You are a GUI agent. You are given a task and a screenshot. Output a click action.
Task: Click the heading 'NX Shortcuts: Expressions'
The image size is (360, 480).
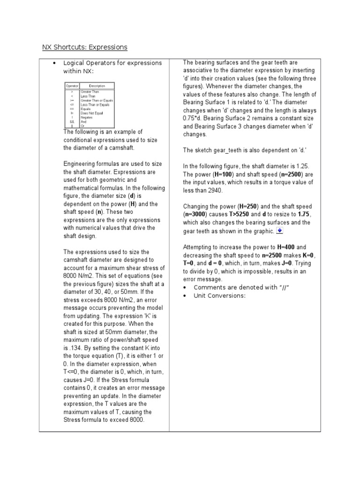tap(85, 47)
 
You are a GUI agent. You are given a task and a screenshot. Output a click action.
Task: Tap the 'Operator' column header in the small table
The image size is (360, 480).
tap(72, 86)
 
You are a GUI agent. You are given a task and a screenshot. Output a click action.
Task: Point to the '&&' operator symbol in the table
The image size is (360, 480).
tap(72, 121)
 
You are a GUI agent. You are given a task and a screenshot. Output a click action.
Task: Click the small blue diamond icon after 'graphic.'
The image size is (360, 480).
tap(279, 231)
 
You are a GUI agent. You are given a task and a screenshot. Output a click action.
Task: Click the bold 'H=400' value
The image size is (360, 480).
tap(286, 247)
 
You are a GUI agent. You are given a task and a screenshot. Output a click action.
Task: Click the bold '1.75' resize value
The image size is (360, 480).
tap(304, 214)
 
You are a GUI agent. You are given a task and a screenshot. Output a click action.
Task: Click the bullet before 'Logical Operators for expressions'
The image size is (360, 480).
tap(55, 63)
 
